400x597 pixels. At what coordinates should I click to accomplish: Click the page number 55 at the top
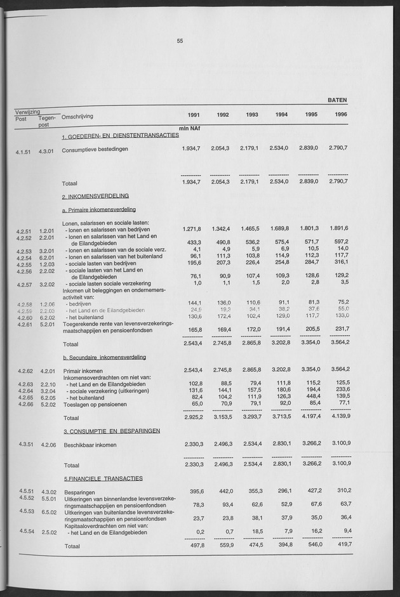[180, 41]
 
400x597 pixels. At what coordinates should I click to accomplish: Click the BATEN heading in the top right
[337, 100]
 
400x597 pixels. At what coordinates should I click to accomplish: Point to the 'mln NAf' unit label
[189, 128]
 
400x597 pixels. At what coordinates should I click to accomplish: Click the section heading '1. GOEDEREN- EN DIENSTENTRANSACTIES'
[120, 137]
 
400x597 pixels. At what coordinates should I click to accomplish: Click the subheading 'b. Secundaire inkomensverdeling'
[109, 357]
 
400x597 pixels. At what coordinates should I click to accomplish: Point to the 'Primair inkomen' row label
[84, 370]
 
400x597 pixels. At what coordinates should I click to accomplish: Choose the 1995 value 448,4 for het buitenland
[307, 396]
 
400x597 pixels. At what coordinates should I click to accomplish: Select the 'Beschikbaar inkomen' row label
[90, 446]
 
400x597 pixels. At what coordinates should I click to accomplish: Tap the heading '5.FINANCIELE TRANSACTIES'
[103, 478]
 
